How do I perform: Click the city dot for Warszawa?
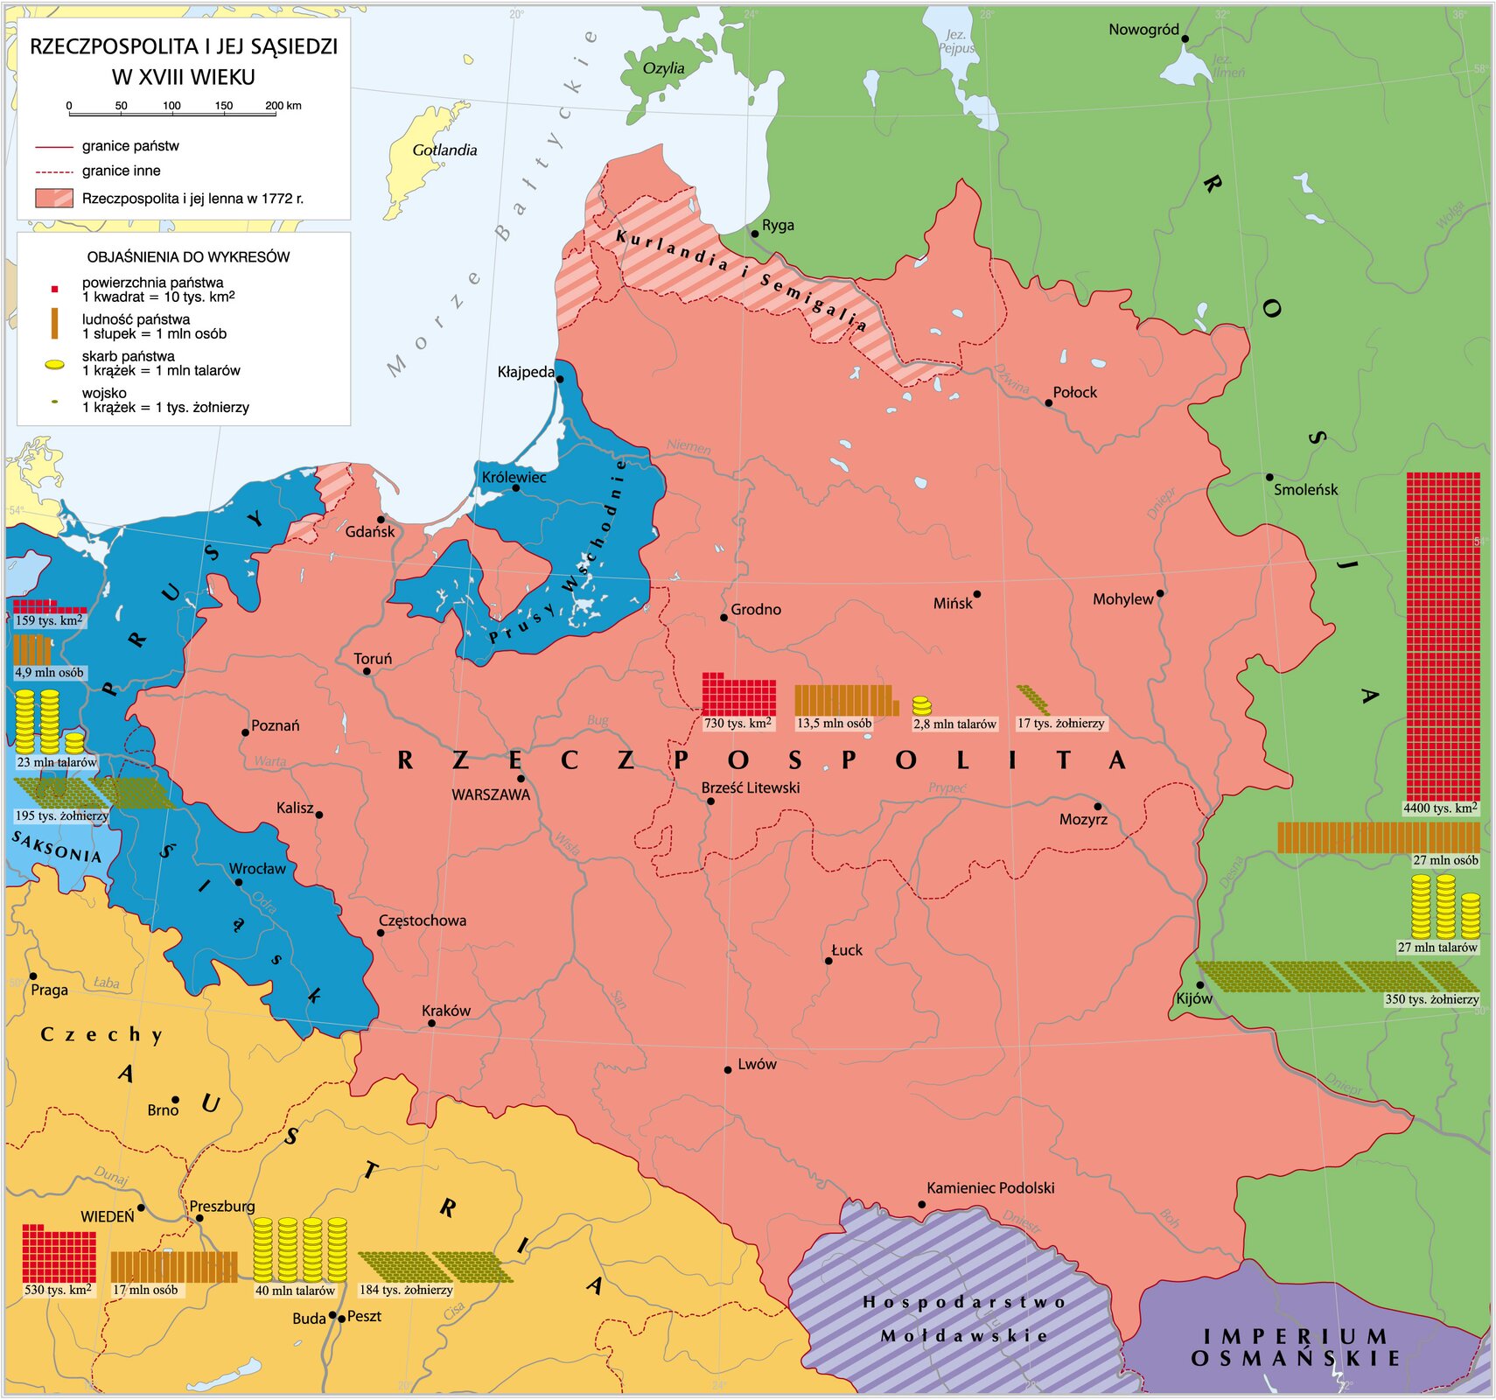pos(521,778)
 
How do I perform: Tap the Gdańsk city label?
pos(369,532)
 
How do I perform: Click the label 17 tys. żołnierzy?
pos(1060,724)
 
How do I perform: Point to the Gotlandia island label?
pos(444,150)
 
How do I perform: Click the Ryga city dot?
pos(755,234)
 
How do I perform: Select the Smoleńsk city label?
pos(1305,490)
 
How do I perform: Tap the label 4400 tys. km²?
pos(1440,808)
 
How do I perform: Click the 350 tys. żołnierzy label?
pos(1431,999)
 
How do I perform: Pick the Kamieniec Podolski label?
pos(990,1187)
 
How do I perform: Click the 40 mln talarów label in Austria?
pos(295,1291)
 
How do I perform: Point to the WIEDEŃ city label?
pos(108,1216)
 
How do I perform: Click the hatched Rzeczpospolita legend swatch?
pos(54,198)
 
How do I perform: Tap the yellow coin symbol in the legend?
pos(54,364)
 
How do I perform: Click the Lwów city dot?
pos(728,1070)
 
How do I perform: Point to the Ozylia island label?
pos(663,68)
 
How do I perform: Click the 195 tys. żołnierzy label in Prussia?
pos(61,815)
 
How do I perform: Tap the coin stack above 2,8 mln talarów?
pos(921,705)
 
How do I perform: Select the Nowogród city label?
pos(1143,30)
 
